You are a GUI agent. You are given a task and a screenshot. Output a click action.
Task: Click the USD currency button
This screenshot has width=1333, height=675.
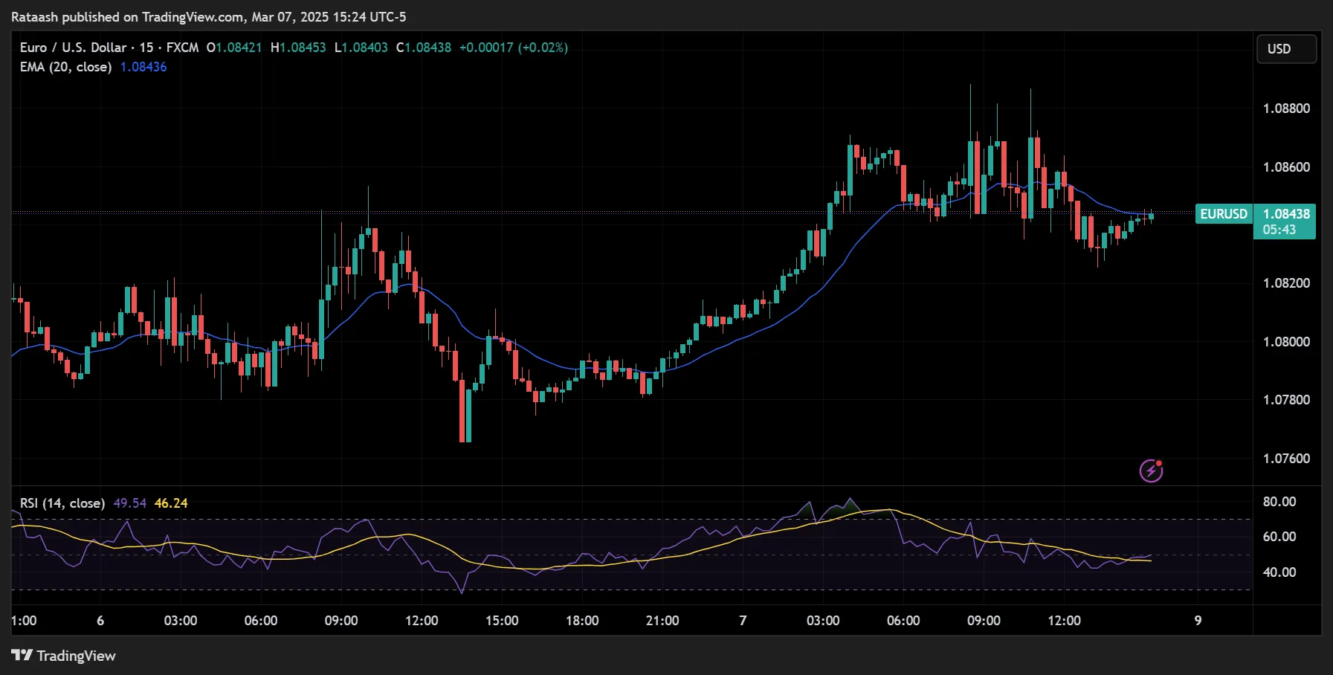pyautogui.click(x=1286, y=49)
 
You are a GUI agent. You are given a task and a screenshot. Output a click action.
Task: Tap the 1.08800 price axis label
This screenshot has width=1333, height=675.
pyautogui.click(x=1286, y=109)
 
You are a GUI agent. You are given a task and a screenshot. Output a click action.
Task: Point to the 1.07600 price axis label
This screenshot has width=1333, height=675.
pyautogui.click(x=1286, y=459)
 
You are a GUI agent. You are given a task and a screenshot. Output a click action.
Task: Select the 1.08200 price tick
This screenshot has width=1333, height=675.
pyautogui.click(x=1286, y=283)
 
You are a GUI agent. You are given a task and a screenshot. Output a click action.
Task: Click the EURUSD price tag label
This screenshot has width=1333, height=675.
pyautogui.click(x=1224, y=214)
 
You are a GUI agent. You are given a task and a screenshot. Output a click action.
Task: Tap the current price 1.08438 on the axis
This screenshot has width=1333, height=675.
pyautogui.click(x=1286, y=214)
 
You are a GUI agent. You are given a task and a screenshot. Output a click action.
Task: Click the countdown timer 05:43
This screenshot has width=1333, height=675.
pyautogui.click(x=1279, y=230)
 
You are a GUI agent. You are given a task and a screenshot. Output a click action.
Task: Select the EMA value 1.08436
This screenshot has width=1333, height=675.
pyautogui.click(x=143, y=67)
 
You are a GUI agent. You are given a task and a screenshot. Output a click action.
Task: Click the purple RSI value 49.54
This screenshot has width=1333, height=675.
pyautogui.click(x=129, y=503)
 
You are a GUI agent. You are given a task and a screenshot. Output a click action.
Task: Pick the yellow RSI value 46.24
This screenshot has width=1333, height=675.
pyautogui.click(x=171, y=503)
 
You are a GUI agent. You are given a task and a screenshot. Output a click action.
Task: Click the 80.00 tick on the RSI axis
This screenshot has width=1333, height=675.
pyautogui.click(x=1279, y=502)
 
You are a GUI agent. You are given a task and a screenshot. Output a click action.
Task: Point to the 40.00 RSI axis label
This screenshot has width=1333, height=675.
pyautogui.click(x=1279, y=572)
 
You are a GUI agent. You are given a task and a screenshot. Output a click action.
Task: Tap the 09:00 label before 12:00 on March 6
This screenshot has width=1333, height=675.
pyautogui.click(x=341, y=621)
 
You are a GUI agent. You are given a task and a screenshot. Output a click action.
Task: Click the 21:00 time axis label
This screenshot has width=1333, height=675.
pyautogui.click(x=662, y=621)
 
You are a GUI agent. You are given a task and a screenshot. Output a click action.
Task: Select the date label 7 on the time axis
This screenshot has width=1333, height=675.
pyautogui.click(x=743, y=621)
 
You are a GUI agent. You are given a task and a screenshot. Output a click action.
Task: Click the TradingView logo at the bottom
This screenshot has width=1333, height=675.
pyautogui.click(x=64, y=656)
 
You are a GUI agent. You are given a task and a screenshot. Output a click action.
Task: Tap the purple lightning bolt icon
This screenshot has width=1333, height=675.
pyautogui.click(x=1151, y=471)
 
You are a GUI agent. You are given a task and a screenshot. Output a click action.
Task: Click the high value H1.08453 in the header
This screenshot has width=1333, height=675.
pyautogui.click(x=298, y=48)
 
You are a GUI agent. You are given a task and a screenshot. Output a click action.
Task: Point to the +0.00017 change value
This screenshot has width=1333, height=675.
pyautogui.click(x=486, y=48)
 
